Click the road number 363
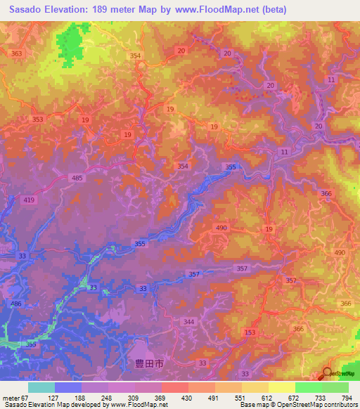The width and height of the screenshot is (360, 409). pyautogui.click(x=17, y=53)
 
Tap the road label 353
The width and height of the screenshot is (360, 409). pyautogui.click(x=37, y=119)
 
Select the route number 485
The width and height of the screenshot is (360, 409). pyautogui.click(x=77, y=178)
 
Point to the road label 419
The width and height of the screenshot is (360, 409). pyautogui.click(x=29, y=201)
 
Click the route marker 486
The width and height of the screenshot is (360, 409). pyautogui.click(x=15, y=302)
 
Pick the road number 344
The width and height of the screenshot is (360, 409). pyautogui.click(x=188, y=321)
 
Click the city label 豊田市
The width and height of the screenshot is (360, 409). pyautogui.click(x=149, y=364)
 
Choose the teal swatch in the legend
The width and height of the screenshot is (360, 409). pyautogui.click(x=41, y=387)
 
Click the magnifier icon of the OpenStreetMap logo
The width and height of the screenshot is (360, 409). pyautogui.click(x=326, y=373)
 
